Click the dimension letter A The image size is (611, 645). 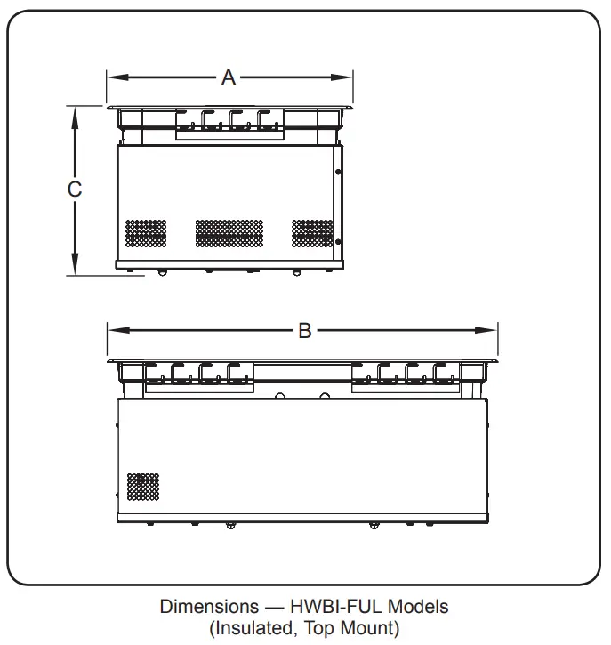point(229,77)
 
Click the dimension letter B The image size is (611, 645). point(304,330)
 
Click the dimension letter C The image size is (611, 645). point(76,189)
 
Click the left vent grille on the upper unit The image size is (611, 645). point(145,234)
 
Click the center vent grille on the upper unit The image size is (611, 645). point(229,233)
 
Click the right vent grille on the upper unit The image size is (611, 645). point(312,233)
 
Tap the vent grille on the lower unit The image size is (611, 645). point(143,486)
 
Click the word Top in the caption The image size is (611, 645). point(318,629)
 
